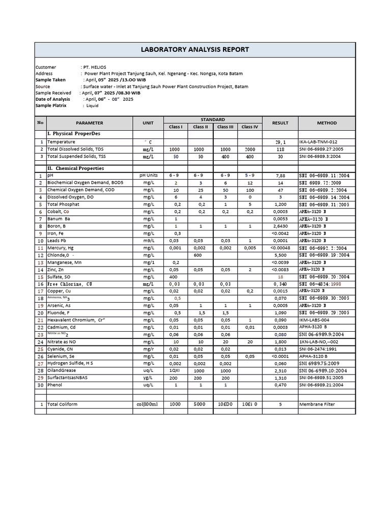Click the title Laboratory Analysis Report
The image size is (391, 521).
coord(195,49)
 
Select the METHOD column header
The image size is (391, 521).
coord(326,123)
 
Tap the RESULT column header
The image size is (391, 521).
coord(280,123)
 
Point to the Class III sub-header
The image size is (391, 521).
coord(225,127)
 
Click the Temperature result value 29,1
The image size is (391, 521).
coord(280,142)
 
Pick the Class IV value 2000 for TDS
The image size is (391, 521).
coord(249,150)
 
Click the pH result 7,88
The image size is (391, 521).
coord(280,176)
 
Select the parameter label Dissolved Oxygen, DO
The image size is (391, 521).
coord(71,197)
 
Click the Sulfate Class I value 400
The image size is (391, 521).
coord(175,277)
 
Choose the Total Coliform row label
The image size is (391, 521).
coord(63,404)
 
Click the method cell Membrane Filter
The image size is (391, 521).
coord(318,404)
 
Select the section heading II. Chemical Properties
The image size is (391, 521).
coord(76,168)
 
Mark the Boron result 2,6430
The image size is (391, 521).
coord(280,226)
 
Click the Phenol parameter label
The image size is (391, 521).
coord(55,385)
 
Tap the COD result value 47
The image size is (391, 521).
coord(280,190)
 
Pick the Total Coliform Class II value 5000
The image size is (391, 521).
coord(200,404)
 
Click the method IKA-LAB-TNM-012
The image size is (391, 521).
coord(318,142)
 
